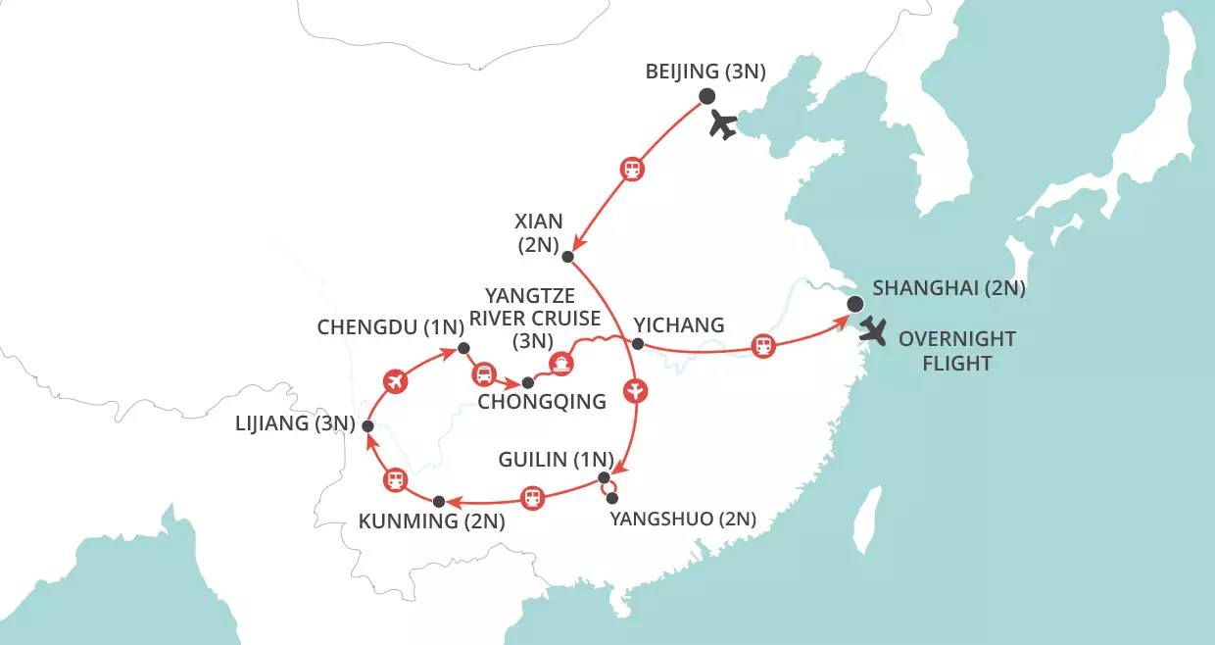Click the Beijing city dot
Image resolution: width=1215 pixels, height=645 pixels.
click(706, 96)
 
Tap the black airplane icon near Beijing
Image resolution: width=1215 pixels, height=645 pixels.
click(722, 125)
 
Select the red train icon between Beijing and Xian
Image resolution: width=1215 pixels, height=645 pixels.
click(633, 169)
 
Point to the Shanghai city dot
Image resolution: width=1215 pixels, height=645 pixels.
click(855, 304)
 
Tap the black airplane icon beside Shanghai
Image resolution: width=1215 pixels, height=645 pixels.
click(871, 333)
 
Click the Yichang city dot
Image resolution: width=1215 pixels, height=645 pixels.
click(637, 344)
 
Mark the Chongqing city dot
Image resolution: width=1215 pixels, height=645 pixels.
click(527, 381)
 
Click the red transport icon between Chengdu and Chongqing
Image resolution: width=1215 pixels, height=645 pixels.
click(483, 373)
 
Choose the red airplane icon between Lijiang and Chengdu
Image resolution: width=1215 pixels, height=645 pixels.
click(396, 380)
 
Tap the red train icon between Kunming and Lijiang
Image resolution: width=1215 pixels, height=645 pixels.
click(395, 479)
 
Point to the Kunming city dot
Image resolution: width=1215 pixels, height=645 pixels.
click(439, 502)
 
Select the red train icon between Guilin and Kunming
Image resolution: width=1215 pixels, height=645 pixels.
click(532, 497)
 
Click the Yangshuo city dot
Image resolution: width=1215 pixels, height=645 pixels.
click(612, 498)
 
